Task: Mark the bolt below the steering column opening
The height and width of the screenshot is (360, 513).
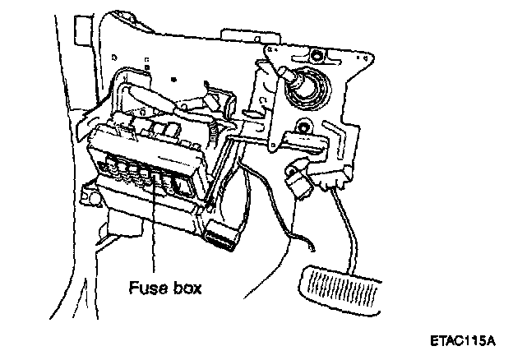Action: (x=305, y=127)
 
